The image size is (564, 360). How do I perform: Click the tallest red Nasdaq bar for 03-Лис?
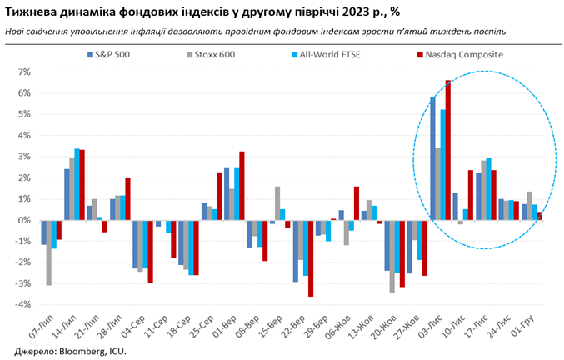448,150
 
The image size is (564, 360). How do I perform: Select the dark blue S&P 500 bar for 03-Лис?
432,158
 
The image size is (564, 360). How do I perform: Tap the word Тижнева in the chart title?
30,12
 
